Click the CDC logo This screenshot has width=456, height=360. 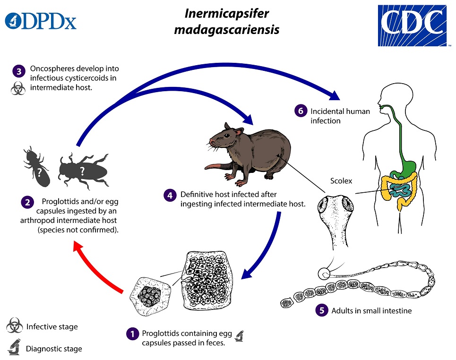click(412, 25)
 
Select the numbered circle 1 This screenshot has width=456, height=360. click(132, 334)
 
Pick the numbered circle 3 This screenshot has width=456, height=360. click(17, 72)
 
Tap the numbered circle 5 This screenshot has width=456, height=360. click(322, 311)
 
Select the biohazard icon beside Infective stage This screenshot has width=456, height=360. click(14, 326)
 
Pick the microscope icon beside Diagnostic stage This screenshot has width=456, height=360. click(14, 348)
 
